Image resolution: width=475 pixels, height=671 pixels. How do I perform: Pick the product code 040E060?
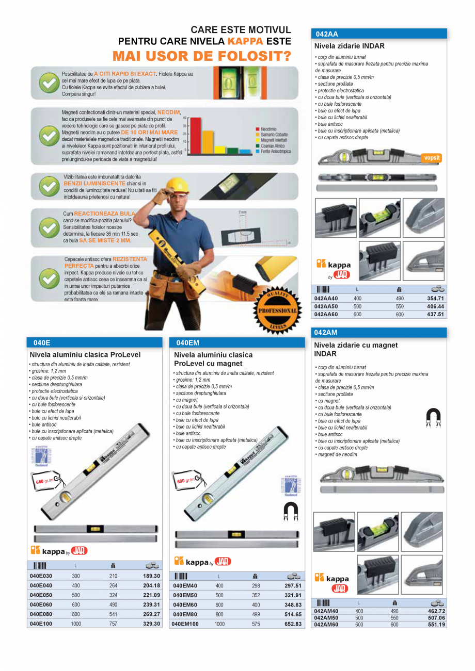tap(41, 604)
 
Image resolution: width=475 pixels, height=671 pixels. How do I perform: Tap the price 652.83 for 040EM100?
tap(292, 624)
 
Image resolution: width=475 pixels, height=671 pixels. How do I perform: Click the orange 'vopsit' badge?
tap(431, 158)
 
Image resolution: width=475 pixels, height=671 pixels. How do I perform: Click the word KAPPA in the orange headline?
tap(245, 41)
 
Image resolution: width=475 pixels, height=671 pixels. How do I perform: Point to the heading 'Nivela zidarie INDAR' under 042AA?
tap(350, 46)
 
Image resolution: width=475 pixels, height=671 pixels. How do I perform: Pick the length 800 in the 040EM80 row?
tap(219, 614)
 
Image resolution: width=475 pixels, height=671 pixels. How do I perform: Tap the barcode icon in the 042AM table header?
tap(323, 602)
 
